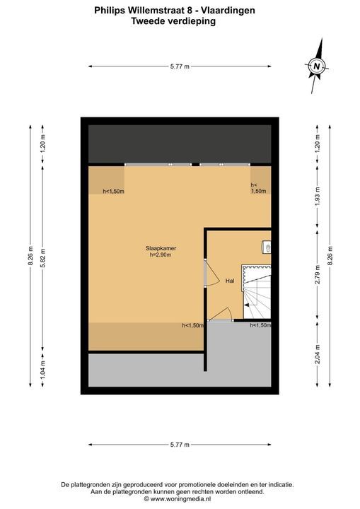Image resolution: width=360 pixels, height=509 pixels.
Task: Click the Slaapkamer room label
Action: tap(161, 248)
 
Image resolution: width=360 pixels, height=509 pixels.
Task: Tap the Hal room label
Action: tap(230, 281)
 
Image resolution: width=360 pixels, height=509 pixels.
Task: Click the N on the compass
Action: tap(317, 67)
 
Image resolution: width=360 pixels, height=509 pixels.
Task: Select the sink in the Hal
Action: tap(267, 247)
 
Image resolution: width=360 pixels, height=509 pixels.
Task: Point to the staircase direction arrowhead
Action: tap(247, 305)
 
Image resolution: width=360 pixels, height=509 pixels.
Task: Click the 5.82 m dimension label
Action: tap(42, 258)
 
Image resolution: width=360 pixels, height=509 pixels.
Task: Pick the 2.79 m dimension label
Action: tap(318, 274)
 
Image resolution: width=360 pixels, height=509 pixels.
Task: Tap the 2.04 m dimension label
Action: tap(318, 354)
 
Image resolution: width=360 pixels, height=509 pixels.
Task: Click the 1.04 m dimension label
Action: tap(42, 368)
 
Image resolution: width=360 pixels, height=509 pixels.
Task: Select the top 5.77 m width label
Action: tap(180, 66)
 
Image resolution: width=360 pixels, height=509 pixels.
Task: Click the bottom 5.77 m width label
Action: tap(180, 445)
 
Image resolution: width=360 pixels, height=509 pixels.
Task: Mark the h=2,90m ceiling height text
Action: tap(161, 255)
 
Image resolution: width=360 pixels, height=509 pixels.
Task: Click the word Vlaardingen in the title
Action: tap(228, 11)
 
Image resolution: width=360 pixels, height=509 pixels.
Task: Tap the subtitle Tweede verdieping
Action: tap(173, 21)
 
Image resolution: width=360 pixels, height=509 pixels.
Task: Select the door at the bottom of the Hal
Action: tap(220, 314)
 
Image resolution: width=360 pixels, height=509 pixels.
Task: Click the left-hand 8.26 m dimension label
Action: tap(30, 256)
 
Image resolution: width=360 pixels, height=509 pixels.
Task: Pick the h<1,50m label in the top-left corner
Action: tap(113, 191)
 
